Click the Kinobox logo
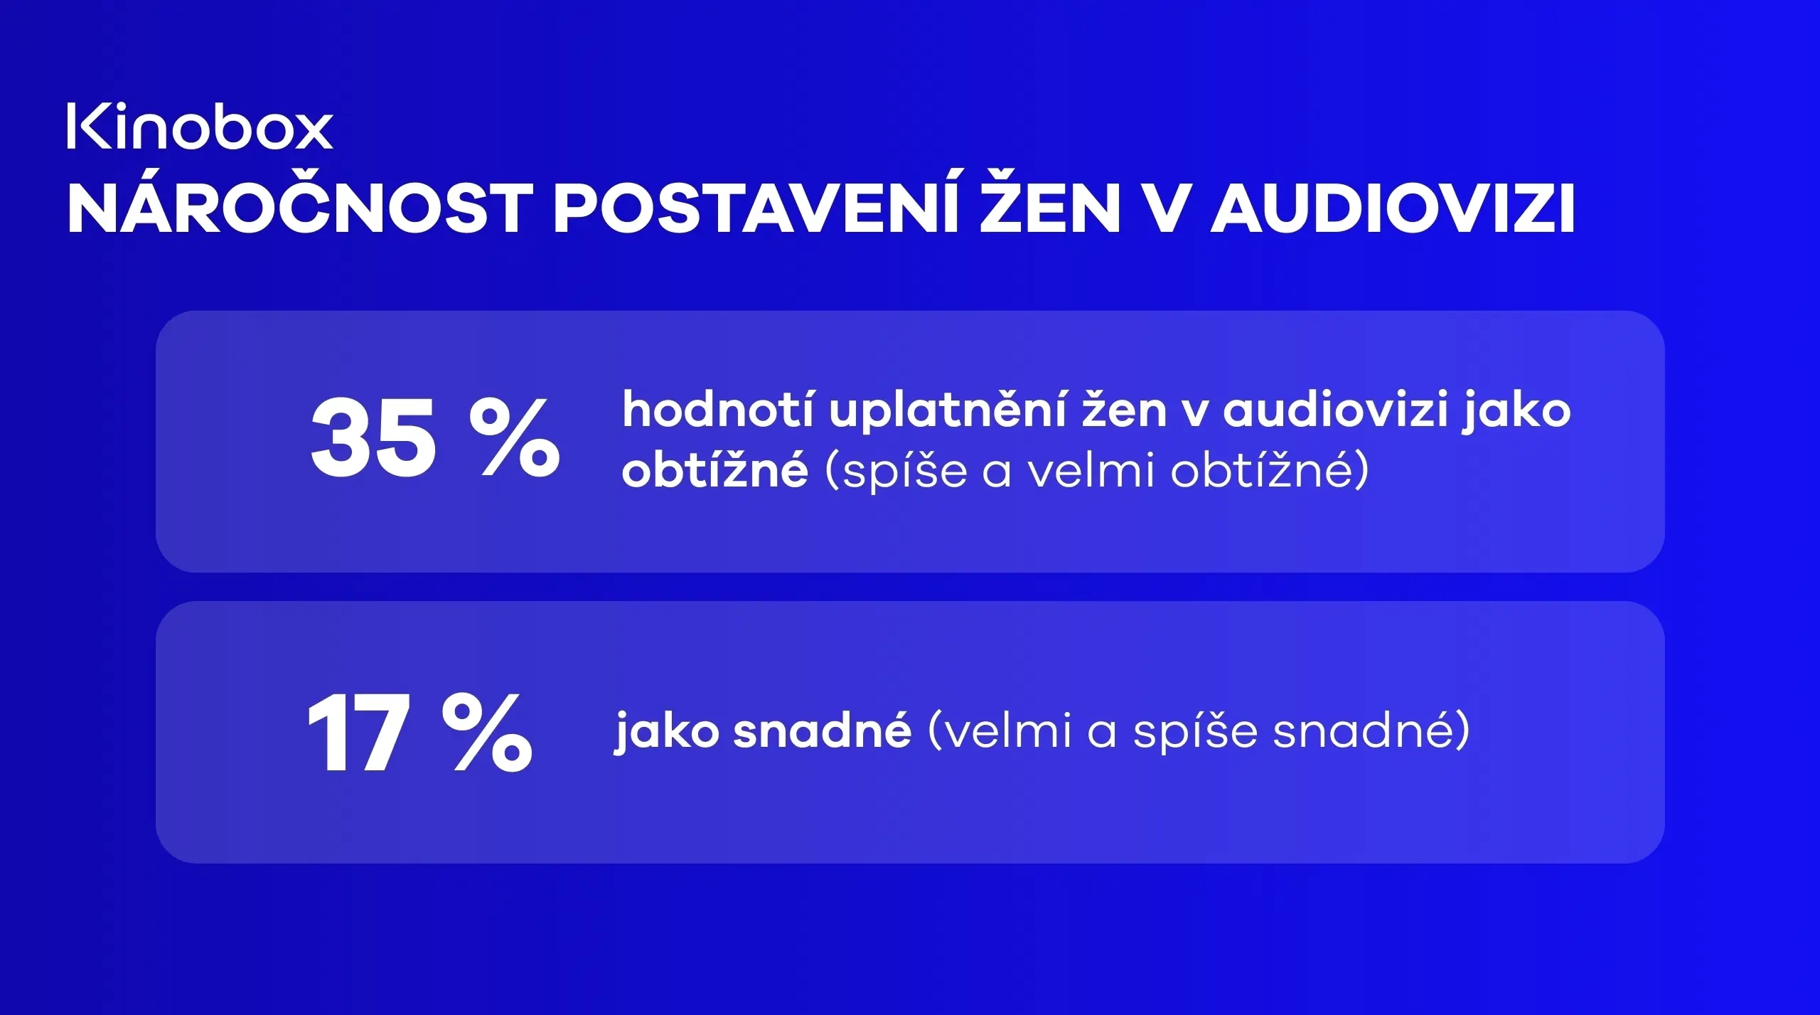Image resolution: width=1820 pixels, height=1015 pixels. pos(200,127)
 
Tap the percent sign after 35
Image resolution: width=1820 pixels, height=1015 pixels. pos(515,439)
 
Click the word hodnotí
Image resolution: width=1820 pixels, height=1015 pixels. pos(717,410)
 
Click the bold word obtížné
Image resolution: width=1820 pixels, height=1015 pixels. pos(714,471)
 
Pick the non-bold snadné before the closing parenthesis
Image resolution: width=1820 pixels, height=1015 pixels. pos(1361,730)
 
